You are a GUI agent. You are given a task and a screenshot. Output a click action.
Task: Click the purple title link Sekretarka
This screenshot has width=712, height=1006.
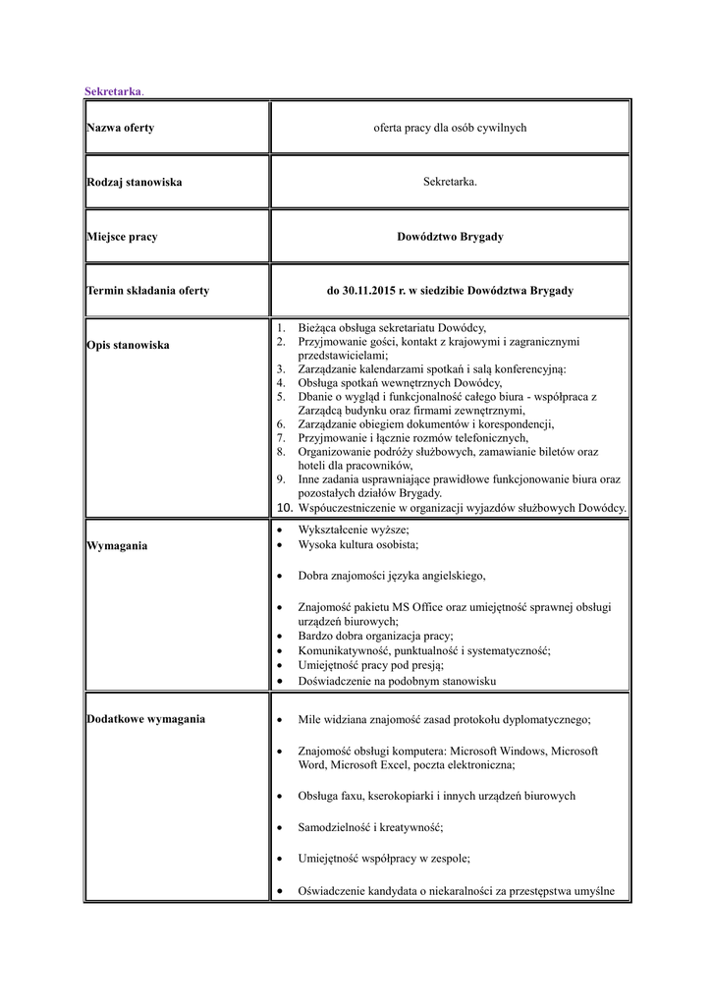[x=113, y=91]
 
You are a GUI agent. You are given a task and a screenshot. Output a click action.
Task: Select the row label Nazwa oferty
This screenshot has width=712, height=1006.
[x=120, y=128]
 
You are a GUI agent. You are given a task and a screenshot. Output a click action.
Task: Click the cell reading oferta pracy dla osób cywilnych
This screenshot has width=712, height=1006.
[x=450, y=128]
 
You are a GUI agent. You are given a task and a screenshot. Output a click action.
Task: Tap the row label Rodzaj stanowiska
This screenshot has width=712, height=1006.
[x=134, y=182]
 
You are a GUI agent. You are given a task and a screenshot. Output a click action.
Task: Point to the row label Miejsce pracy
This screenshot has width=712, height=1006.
[x=122, y=237]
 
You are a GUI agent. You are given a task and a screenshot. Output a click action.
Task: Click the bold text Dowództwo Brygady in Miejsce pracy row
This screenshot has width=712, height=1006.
[x=450, y=237]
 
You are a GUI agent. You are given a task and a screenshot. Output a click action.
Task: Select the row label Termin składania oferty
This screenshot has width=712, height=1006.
[x=147, y=291]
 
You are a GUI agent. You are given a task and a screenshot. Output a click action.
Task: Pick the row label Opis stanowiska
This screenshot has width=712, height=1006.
[x=128, y=345]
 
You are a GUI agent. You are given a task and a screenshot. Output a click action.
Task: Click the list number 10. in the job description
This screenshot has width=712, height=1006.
[x=284, y=508]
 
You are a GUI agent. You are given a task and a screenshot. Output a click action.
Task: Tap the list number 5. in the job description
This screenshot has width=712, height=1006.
[x=280, y=396]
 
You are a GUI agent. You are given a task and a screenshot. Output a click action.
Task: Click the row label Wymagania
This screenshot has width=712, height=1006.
[x=117, y=545]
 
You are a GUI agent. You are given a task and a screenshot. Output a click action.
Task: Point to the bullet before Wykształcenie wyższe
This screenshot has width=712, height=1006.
[x=280, y=530]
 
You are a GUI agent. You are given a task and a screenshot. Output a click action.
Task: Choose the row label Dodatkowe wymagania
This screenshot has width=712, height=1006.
[x=145, y=719]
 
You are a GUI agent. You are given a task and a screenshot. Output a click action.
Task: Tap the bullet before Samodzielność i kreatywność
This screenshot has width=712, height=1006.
[x=280, y=827]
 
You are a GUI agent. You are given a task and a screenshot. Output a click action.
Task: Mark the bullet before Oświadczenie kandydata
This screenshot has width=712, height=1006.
[x=280, y=892]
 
